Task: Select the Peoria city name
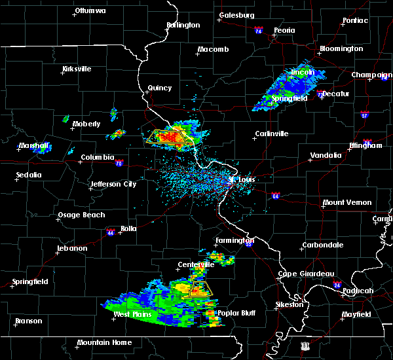point(284,30)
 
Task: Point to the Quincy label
point(160,88)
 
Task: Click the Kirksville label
point(77,69)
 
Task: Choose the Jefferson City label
point(113,184)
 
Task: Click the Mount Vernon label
point(347,202)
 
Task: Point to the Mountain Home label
point(104,342)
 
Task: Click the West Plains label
point(133,314)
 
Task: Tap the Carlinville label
point(271,134)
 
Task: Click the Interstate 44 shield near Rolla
point(110,231)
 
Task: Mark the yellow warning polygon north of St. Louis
point(170,137)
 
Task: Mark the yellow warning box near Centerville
point(200,290)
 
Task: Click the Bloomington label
point(341,48)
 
